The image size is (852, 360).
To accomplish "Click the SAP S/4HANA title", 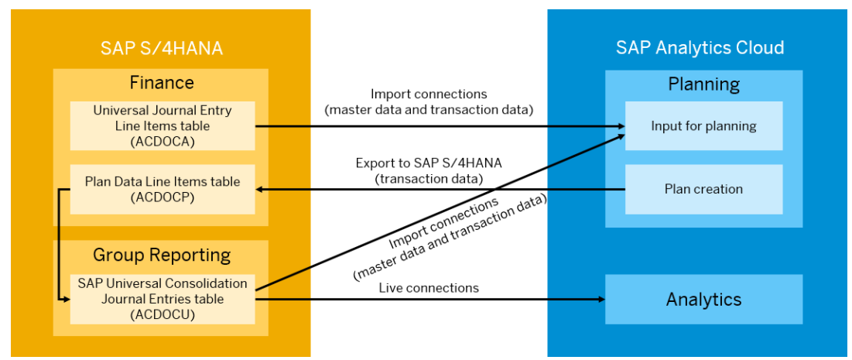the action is coord(162,48).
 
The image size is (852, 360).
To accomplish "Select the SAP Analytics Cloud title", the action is coord(700,48).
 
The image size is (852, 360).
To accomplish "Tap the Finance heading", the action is coord(162,83).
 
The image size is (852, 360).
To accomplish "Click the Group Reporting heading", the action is coord(162,255).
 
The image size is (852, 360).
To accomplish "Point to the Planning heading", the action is coord(703,84).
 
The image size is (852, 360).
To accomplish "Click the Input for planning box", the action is coord(703,125).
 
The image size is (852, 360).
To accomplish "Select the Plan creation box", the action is coord(703,189).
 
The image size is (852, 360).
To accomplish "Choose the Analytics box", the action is coord(703,299).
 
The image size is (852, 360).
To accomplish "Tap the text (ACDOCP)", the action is coord(163,198).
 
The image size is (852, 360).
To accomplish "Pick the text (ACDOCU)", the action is coord(163,314).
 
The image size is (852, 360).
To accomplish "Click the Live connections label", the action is coord(429,287).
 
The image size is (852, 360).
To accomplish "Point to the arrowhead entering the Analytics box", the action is coord(601,299).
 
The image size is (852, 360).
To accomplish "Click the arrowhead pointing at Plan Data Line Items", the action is coord(260,189).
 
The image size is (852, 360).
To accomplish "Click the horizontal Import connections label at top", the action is coord(429,94).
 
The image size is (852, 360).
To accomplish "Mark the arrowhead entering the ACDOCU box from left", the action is coord(66,299).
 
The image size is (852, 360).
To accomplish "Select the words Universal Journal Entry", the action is coord(163,111).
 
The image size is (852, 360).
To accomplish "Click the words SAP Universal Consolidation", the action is coord(163,283).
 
